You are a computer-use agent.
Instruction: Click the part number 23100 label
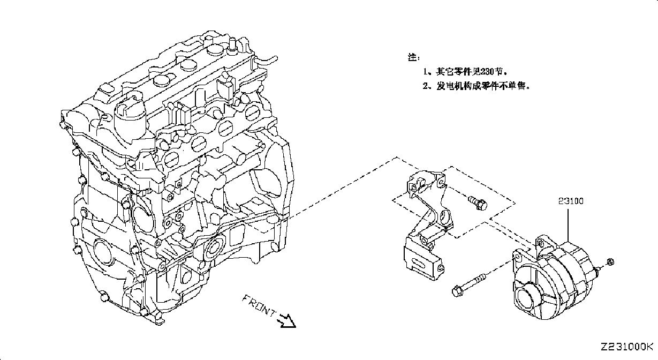(571, 201)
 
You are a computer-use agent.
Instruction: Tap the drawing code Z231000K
(626, 347)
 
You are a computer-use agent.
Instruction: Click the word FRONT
(259, 306)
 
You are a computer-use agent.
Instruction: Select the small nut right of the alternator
(610, 261)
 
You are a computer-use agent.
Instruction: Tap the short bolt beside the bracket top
(478, 203)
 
